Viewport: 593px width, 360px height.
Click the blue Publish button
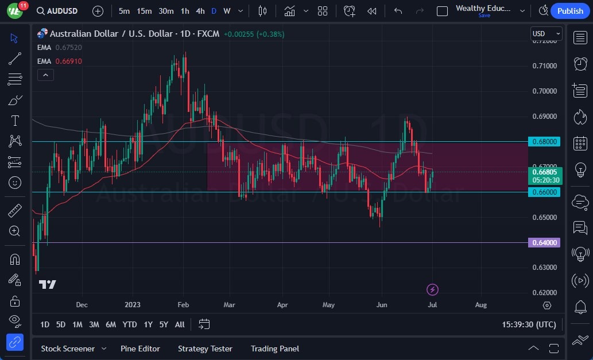(x=570, y=11)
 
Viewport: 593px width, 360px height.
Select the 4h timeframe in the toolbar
(x=200, y=11)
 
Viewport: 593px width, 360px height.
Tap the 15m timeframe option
(x=144, y=11)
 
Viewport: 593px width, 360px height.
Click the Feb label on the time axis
(x=183, y=305)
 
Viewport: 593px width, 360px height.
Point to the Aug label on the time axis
(x=481, y=305)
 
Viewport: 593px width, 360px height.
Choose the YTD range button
(x=130, y=324)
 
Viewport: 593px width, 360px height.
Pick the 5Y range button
(x=164, y=324)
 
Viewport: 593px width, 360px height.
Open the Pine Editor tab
(x=140, y=349)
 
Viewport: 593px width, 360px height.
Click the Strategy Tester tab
(x=205, y=349)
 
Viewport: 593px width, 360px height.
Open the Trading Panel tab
(x=275, y=349)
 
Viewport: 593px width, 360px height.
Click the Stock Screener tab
(x=68, y=349)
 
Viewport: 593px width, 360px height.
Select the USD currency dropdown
(x=545, y=34)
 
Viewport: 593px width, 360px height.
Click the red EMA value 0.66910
(x=68, y=61)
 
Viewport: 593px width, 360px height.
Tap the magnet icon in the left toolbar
(x=15, y=259)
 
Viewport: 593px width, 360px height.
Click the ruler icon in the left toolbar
(x=15, y=211)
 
